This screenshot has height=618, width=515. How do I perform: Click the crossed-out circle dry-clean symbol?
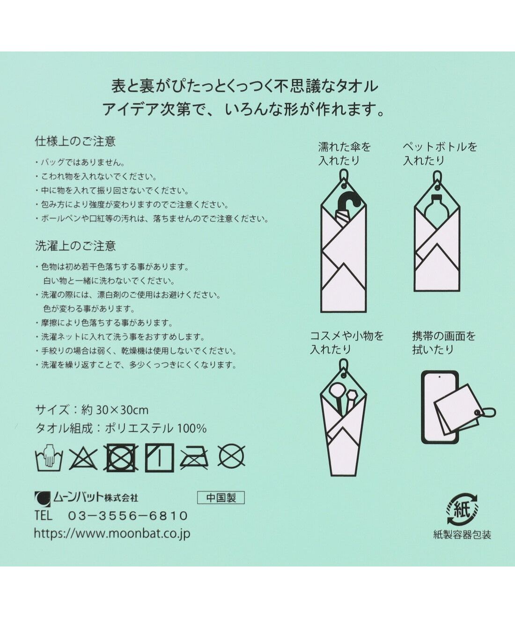click(x=232, y=456)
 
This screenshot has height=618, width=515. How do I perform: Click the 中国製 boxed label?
click(x=221, y=497)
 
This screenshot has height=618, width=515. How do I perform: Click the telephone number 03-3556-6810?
click(x=128, y=516)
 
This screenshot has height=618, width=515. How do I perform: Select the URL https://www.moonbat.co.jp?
click(x=112, y=533)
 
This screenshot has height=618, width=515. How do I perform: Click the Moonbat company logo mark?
click(x=43, y=498)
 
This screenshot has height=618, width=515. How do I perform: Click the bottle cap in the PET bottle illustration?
click(x=437, y=198)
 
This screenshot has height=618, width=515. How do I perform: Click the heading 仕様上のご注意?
click(x=75, y=141)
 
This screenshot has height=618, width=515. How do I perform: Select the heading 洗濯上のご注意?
click(x=75, y=246)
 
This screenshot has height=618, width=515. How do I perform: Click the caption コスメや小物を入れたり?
click(x=346, y=342)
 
